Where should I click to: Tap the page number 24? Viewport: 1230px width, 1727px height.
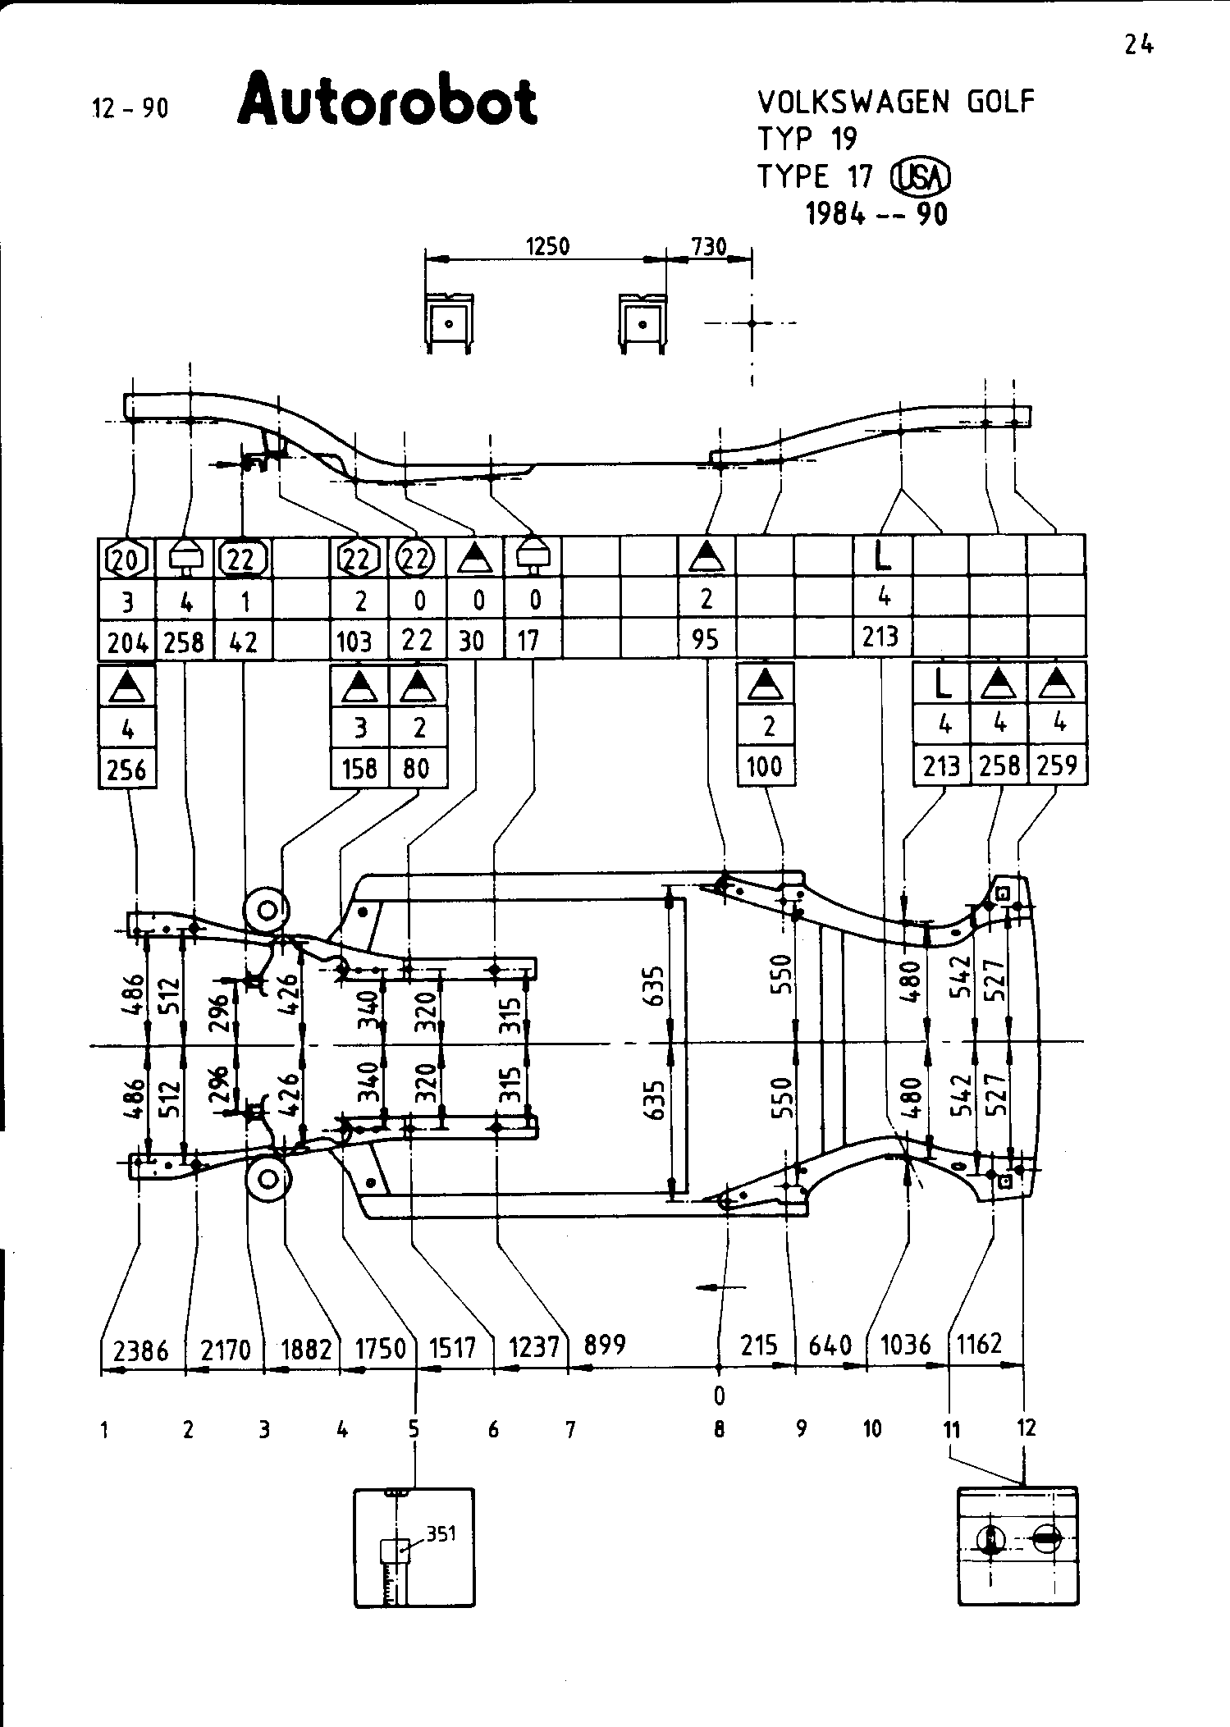pyautogui.click(x=1139, y=45)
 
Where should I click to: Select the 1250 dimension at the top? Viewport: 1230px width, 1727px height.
pyautogui.click(x=547, y=246)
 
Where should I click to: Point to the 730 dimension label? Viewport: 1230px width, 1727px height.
pyautogui.click(x=709, y=246)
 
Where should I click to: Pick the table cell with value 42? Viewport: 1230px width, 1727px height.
pyautogui.click(x=243, y=641)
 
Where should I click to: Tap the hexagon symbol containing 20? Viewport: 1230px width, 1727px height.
pyautogui.click(x=127, y=560)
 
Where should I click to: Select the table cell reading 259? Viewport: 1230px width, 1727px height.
pyautogui.click(x=1057, y=765)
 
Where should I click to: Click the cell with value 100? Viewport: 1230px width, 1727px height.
pyautogui.click(x=766, y=767)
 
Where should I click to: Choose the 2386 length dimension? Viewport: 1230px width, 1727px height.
pyautogui.click(x=141, y=1349)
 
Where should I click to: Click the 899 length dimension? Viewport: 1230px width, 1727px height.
pyautogui.click(x=605, y=1346)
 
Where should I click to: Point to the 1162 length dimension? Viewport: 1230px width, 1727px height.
pyautogui.click(x=980, y=1344)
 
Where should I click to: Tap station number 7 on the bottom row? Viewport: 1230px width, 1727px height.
pyautogui.click(x=570, y=1430)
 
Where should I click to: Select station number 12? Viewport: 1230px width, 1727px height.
pyautogui.click(x=1026, y=1428)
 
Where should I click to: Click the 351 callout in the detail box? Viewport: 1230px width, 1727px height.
pyautogui.click(x=441, y=1533)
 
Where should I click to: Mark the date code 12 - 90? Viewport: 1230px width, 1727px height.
pyautogui.click(x=130, y=107)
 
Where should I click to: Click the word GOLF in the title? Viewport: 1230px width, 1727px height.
pyautogui.click(x=1000, y=102)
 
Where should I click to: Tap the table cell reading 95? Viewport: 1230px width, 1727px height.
pyautogui.click(x=706, y=639)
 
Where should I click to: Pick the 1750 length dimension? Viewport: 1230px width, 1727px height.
pyautogui.click(x=380, y=1349)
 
